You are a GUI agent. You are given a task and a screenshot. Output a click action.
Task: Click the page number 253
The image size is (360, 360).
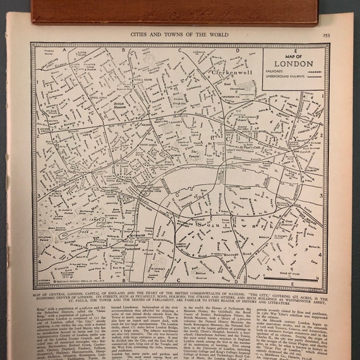[325, 36]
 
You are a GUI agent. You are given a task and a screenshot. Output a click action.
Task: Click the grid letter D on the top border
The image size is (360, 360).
[237, 49]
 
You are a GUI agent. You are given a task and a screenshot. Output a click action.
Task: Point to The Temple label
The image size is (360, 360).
[196, 152]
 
